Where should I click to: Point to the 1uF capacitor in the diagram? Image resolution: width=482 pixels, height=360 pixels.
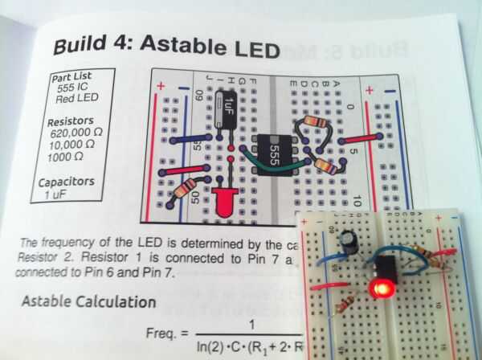[x=230, y=104]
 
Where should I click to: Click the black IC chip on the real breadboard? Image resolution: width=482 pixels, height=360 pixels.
[x=384, y=265]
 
